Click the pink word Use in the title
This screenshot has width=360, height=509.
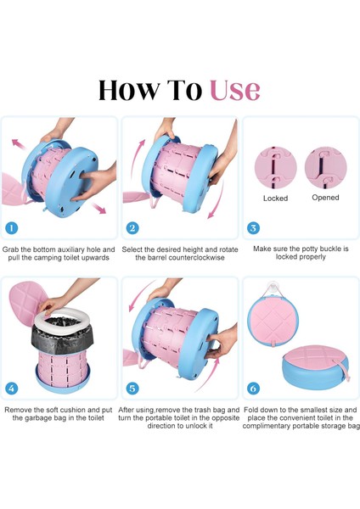click(235, 90)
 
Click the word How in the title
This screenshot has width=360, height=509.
click(129, 90)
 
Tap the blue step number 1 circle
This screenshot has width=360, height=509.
click(11, 227)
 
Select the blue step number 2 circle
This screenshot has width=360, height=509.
click(132, 227)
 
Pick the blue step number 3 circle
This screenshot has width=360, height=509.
click(253, 227)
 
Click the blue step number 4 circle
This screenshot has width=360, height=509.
click(11, 389)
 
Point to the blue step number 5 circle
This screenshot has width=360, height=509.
click(132, 389)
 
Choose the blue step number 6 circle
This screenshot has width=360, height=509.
click(253, 389)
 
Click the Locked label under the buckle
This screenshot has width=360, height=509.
click(276, 198)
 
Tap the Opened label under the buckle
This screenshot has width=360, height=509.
click(325, 198)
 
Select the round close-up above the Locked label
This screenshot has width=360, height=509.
click(276, 167)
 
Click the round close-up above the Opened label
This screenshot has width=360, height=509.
click(326, 167)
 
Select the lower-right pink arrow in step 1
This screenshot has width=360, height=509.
click(98, 208)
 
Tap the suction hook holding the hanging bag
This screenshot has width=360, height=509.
click(273, 288)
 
